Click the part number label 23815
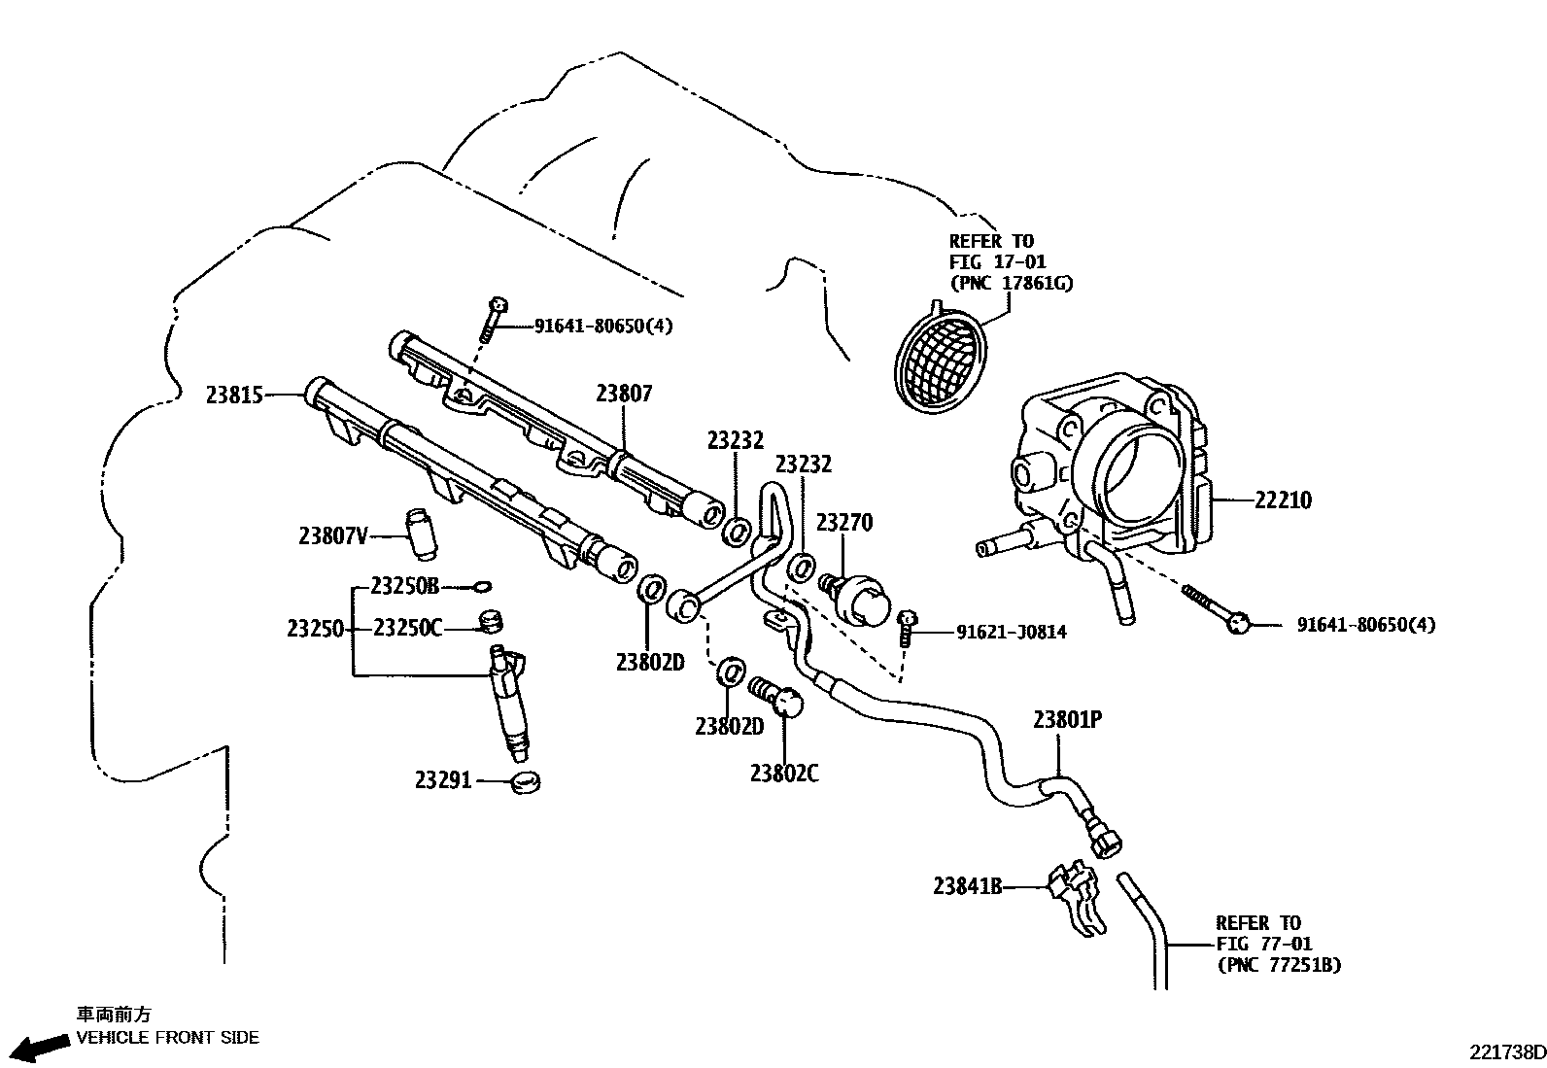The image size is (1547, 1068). [234, 396]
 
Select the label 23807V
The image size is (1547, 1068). [333, 535]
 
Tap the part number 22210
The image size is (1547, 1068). [1282, 500]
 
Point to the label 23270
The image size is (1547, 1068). [843, 523]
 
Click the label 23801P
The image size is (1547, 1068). [1067, 720]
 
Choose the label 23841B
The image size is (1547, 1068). [967, 886]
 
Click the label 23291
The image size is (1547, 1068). [443, 779]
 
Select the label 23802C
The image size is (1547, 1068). [783, 774]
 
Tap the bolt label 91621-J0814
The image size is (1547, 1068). [1011, 633]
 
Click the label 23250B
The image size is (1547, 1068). [405, 587]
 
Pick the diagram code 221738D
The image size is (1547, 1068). [1505, 1052]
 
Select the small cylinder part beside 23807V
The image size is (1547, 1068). [422, 534]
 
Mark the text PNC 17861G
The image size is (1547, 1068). [1011, 284]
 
